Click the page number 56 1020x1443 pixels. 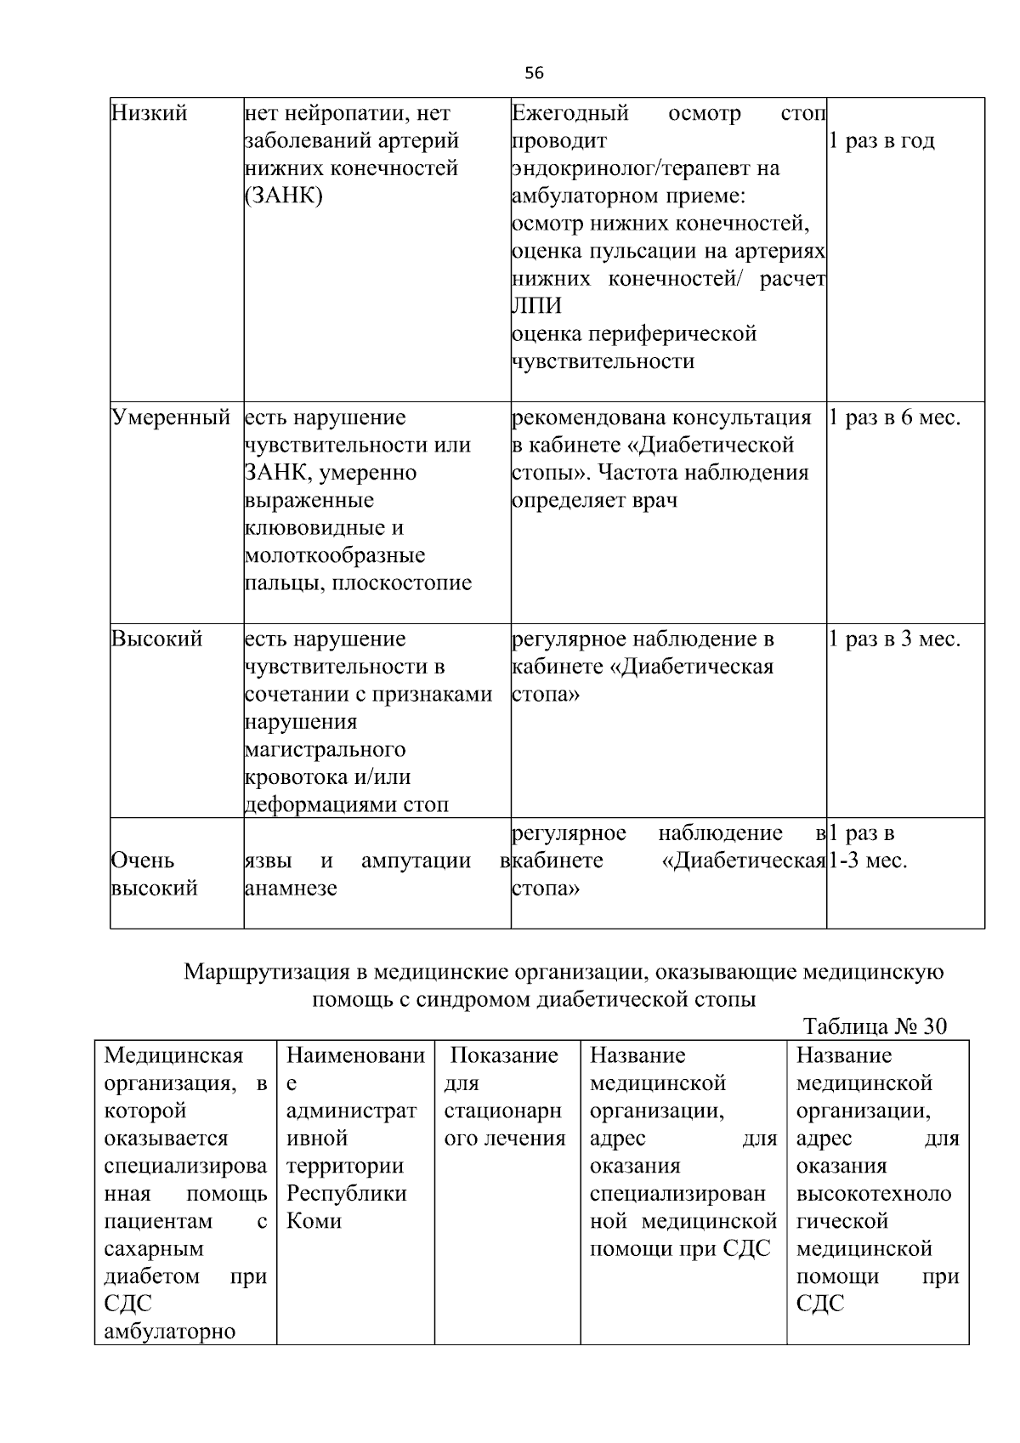pos(534,73)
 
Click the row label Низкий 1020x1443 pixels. pos(150,113)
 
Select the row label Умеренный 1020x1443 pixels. pos(171,418)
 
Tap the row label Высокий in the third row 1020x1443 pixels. pos(157,639)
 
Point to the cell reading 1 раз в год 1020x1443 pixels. pos(882,141)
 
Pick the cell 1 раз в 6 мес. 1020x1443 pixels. pos(894,418)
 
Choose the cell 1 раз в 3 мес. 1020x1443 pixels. pos(894,639)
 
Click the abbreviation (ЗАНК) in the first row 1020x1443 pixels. pos(283,196)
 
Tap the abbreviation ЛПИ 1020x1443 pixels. pos(537,306)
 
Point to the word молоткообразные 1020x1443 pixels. pos(335,556)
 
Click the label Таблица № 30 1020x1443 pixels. pos(875,1026)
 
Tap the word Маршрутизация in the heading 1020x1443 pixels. pos(267,971)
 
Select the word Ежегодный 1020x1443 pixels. pos(570,113)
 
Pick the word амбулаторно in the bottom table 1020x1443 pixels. pos(169,1332)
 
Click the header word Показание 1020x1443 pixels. pos(504,1055)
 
